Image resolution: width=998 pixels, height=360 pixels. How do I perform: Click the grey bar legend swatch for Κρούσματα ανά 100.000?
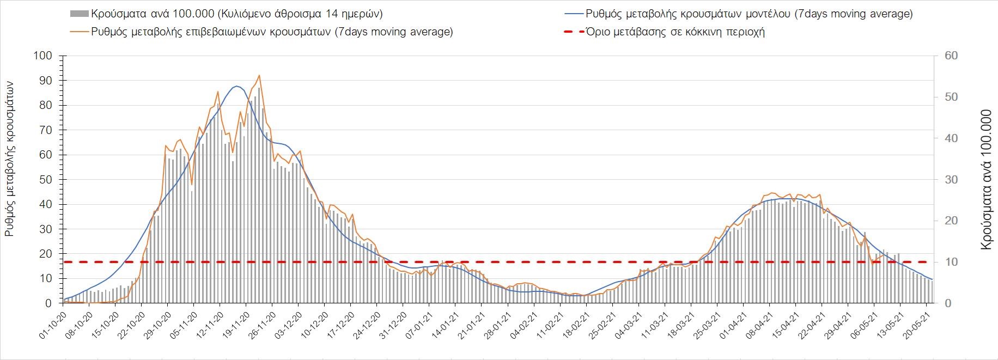79,14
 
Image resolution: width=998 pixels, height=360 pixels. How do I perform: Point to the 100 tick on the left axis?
42,56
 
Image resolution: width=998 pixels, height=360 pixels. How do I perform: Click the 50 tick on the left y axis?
45,180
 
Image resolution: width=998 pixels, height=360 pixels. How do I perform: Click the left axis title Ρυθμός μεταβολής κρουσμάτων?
9,158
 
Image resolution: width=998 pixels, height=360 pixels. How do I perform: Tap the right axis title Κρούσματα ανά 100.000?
985,180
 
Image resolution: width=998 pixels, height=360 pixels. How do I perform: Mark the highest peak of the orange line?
259,76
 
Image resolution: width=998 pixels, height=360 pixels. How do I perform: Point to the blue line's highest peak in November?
236,86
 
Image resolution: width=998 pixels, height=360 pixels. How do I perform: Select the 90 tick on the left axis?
45,81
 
